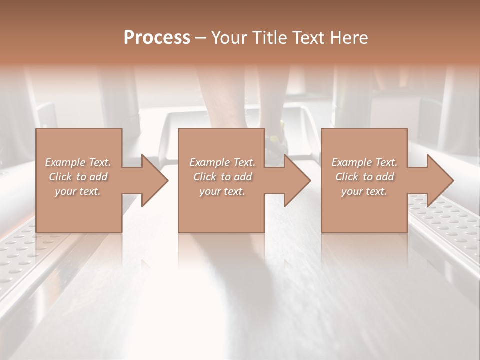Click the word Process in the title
(157, 37)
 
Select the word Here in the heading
(349, 37)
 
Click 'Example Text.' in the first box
(78, 162)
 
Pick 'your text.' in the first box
(78, 191)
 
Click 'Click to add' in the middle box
(222, 177)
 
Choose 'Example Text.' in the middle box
(222, 162)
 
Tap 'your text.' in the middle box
(222, 191)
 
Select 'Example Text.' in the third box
(364, 162)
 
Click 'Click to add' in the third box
(364, 177)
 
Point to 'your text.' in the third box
(364, 191)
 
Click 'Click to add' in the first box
(78, 177)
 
